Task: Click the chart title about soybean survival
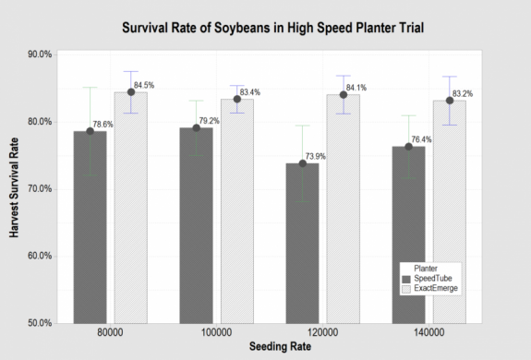[273, 28]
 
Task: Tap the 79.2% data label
[212, 121]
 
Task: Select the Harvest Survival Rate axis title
[16, 188]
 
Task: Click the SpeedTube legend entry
[431, 279]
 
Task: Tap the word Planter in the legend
[426, 268]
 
